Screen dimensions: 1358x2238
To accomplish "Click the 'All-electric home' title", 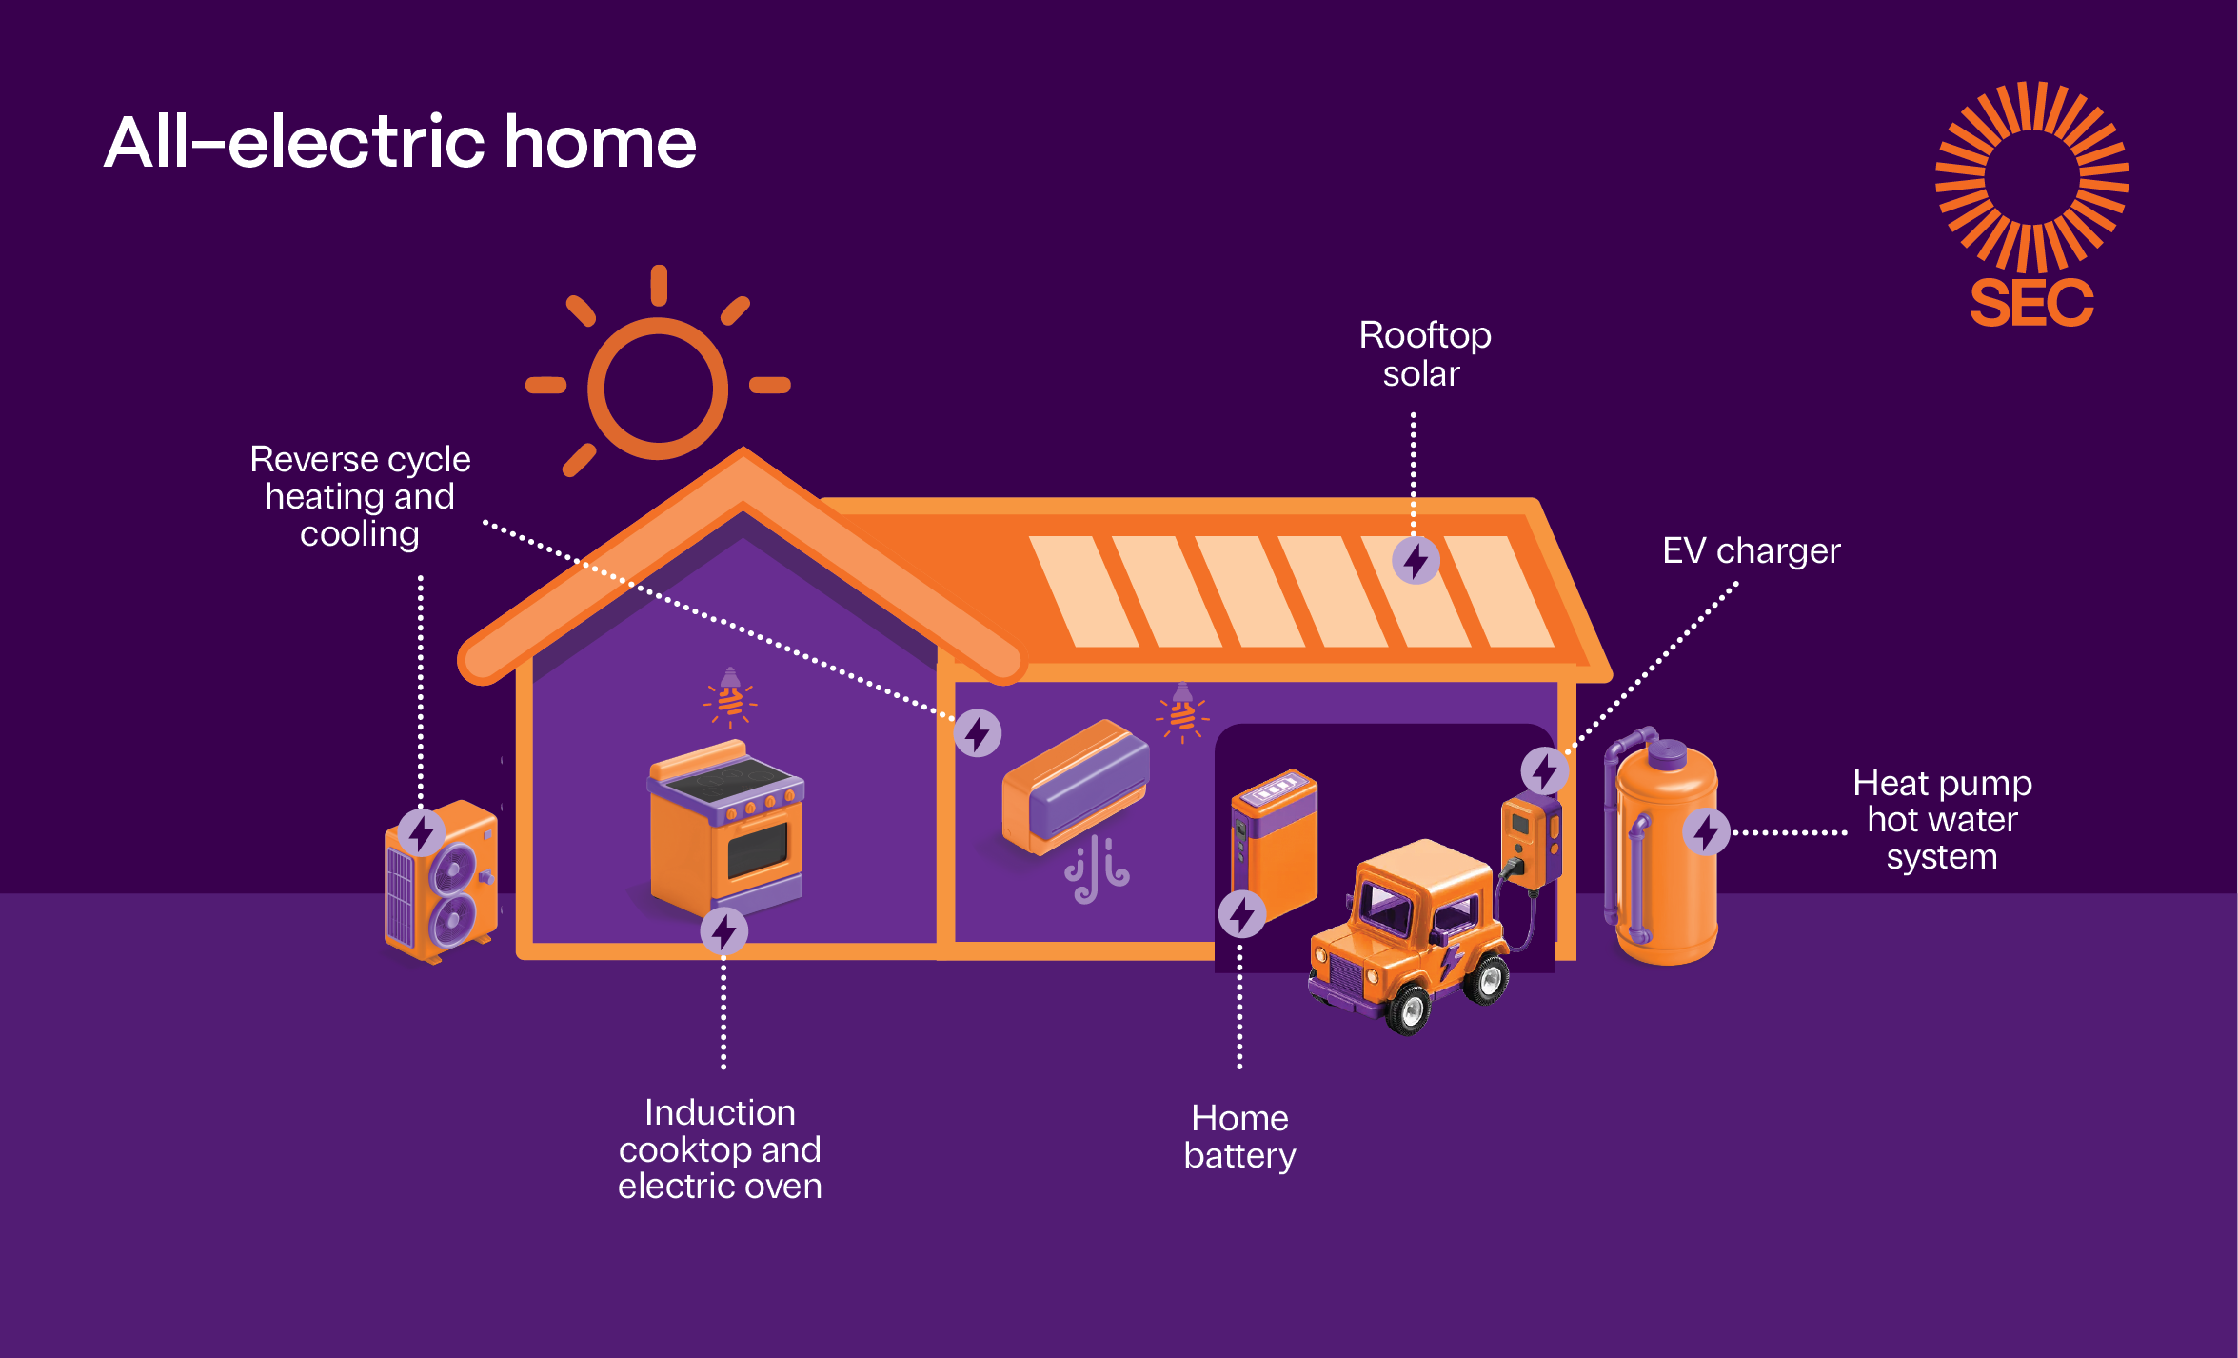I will [400, 143].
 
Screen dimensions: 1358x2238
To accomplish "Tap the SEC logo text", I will [2031, 304].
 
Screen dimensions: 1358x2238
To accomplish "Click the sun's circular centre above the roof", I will [658, 388].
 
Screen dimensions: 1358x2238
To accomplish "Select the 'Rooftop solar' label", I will [1424, 354].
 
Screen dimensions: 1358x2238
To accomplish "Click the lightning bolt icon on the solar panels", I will [1416, 560].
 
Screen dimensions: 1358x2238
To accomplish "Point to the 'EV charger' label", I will [1751, 550].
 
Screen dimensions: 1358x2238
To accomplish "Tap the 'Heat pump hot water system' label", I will [1942, 820].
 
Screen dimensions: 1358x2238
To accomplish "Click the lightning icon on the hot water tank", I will [1706, 832].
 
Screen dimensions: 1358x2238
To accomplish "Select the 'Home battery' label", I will [1239, 1136].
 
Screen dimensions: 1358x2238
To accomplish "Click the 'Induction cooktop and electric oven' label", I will [720, 1149].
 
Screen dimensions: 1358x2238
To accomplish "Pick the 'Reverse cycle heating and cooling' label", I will [360, 496].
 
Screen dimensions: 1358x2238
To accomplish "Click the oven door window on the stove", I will [758, 849].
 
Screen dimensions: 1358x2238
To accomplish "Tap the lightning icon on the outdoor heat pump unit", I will [421, 833].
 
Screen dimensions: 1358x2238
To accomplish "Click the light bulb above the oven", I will [730, 698].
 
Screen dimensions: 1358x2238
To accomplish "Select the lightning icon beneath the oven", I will [723, 931].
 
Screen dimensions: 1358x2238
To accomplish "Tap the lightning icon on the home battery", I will [1242, 914].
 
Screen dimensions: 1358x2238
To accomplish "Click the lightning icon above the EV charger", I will [1544, 770].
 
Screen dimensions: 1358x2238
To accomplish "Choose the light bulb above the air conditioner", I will [1182, 713].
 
